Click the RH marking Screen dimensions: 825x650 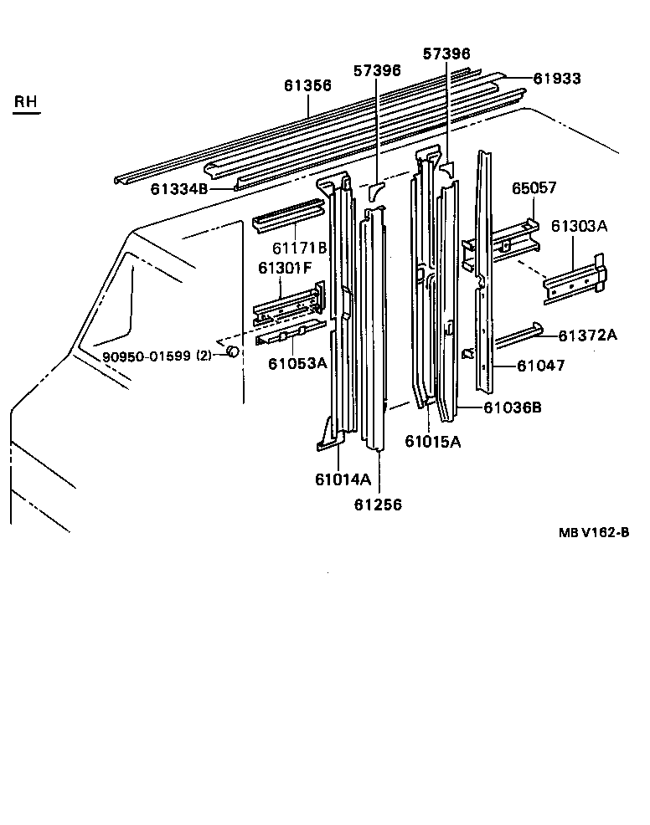(26, 102)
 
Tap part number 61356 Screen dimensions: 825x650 (307, 85)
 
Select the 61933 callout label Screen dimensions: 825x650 (558, 79)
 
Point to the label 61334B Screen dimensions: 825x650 (179, 189)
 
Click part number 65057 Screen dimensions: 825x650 (534, 189)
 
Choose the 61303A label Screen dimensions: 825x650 (579, 226)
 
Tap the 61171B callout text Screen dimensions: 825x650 (299, 249)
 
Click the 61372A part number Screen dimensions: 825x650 (588, 336)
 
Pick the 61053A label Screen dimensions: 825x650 (297, 363)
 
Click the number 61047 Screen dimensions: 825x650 (540, 366)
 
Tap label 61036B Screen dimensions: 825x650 (513, 407)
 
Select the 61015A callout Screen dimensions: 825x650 (432, 442)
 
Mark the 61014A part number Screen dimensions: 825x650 (343, 479)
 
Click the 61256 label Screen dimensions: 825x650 (378, 505)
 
